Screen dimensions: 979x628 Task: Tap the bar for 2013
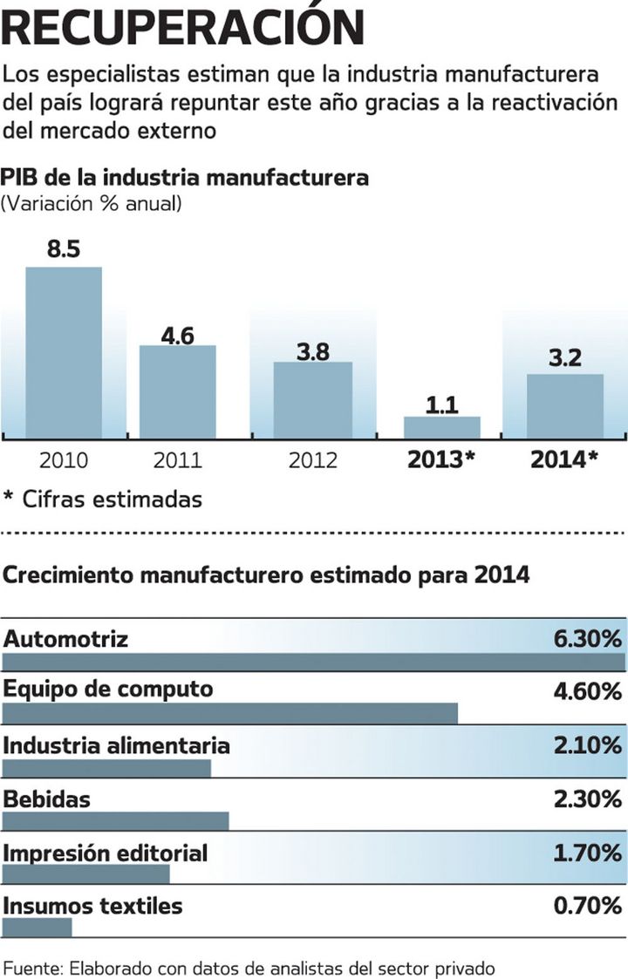point(441,427)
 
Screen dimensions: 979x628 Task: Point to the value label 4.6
point(177,334)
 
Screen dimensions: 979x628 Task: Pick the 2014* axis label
point(563,459)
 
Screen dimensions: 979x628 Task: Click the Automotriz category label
point(66,639)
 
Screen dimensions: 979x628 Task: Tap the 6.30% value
point(587,639)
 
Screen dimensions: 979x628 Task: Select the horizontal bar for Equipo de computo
point(230,713)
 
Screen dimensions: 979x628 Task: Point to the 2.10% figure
point(587,746)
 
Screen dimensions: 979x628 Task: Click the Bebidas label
point(47,799)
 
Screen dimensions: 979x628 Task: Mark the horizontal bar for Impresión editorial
point(86,874)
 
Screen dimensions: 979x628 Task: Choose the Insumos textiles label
point(93,906)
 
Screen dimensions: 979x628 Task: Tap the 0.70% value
point(587,906)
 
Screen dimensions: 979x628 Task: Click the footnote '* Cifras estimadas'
point(102,500)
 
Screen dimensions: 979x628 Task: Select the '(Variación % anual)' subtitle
point(92,204)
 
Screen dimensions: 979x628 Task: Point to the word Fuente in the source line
point(32,968)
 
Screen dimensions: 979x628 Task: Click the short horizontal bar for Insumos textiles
point(38,927)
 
